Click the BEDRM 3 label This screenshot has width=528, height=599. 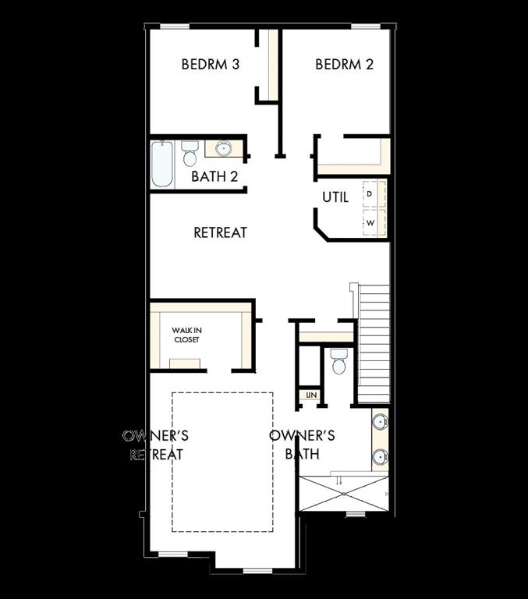pyautogui.click(x=210, y=64)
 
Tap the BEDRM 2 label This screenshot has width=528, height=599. pyautogui.click(x=344, y=64)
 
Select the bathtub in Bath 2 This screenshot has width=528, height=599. pyautogui.click(x=162, y=164)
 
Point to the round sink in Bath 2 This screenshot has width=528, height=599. pyautogui.click(x=224, y=148)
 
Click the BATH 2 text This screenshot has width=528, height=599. pyautogui.click(x=214, y=176)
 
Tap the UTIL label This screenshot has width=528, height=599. pyautogui.click(x=335, y=197)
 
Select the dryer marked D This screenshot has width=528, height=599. pyautogui.click(x=371, y=193)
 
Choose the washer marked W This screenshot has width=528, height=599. pyautogui.click(x=371, y=223)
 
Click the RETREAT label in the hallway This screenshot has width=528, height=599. pyautogui.click(x=220, y=232)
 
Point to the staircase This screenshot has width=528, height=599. pyautogui.click(x=374, y=343)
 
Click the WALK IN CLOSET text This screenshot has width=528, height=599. pyautogui.click(x=186, y=335)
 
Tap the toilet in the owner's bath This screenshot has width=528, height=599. pyautogui.click(x=338, y=362)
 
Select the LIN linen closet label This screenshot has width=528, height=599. pyautogui.click(x=312, y=396)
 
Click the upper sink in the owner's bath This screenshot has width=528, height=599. pyautogui.click(x=379, y=422)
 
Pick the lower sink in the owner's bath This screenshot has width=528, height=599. pyautogui.click(x=379, y=456)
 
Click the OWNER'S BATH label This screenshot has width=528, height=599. pyautogui.click(x=302, y=445)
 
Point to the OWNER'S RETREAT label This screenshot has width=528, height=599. pyautogui.click(x=156, y=445)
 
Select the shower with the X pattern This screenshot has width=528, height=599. pyautogui.click(x=343, y=492)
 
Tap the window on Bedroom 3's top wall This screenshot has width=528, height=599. pyautogui.click(x=175, y=27)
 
